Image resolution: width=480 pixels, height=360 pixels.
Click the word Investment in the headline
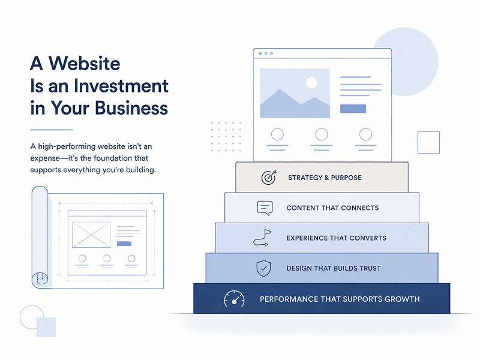121,86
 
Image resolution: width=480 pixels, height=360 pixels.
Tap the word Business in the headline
131,108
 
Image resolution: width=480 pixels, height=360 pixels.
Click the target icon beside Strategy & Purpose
269,177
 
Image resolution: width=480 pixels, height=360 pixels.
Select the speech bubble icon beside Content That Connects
265,208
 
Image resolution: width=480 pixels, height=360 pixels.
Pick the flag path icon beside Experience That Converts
262,238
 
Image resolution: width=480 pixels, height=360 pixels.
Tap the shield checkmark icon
263,268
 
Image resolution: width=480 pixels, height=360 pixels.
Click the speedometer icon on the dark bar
234,299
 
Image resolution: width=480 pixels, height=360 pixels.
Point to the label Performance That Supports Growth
340,299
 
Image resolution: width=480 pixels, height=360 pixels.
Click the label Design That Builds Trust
334,268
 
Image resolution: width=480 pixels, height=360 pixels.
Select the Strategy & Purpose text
325,178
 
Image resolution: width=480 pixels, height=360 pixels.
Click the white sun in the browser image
311,82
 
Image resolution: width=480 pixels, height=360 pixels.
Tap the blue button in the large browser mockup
353,109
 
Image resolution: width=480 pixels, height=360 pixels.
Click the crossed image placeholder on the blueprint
91,235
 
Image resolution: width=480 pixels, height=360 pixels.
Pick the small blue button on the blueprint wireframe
124,244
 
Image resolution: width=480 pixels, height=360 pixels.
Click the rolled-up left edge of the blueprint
40,237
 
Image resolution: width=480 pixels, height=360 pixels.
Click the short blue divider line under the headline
52,130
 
